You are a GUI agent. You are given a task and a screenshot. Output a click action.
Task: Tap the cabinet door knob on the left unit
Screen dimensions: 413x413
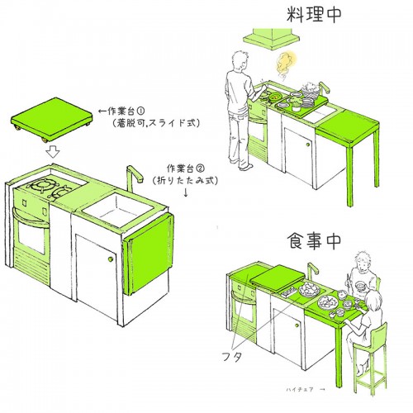pos(110,261)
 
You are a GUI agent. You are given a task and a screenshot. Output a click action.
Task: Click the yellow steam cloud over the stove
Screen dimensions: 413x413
pos(287,64)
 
